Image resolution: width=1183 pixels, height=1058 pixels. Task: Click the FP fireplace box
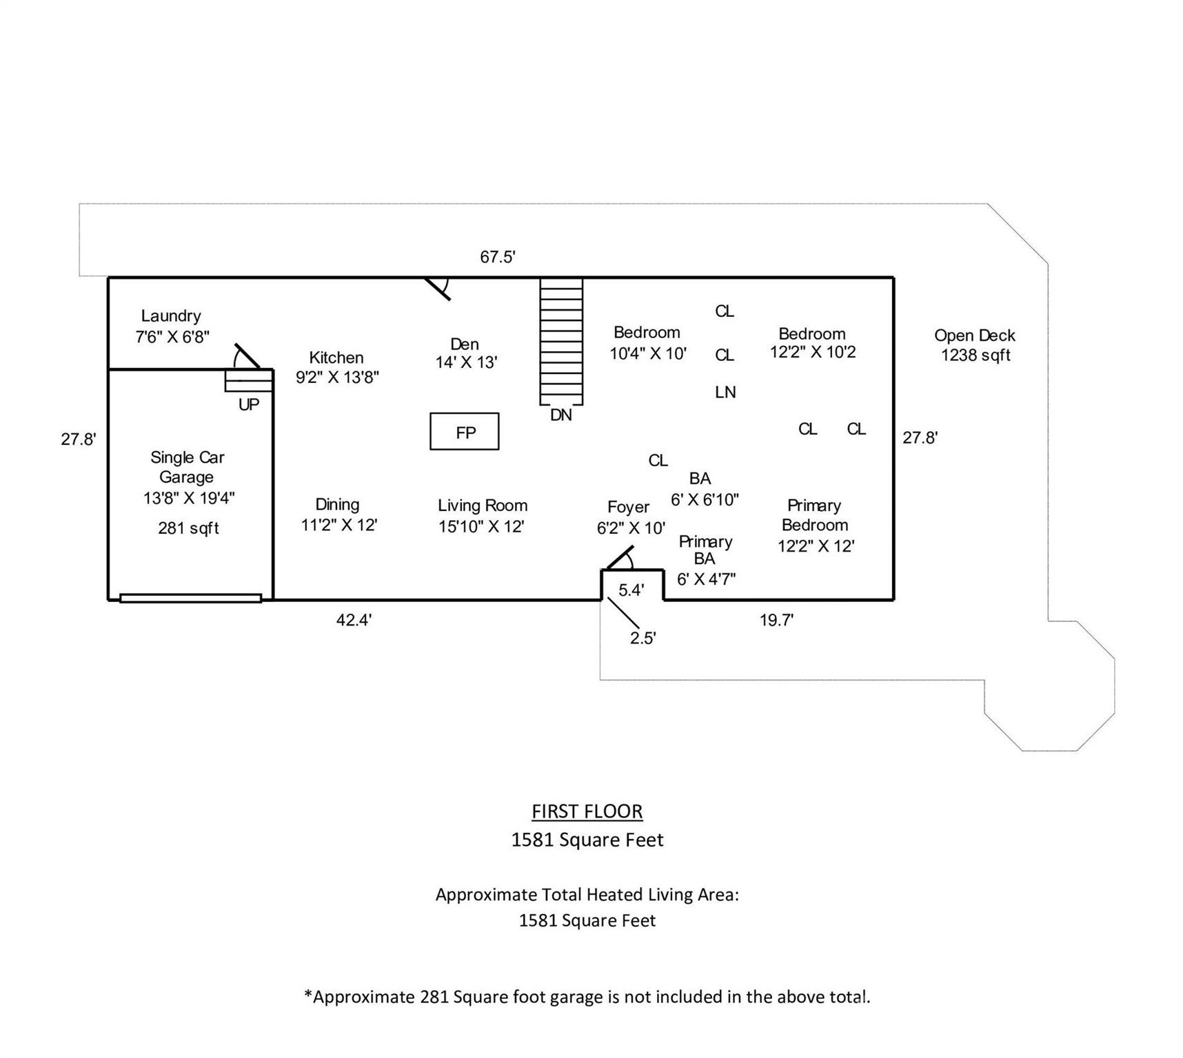(x=464, y=431)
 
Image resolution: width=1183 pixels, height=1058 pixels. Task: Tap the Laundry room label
(x=172, y=316)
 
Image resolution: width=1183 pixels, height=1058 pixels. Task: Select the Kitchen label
(x=336, y=357)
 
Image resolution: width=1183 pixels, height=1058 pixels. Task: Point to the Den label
(x=465, y=344)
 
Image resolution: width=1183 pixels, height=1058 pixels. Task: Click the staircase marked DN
(x=561, y=341)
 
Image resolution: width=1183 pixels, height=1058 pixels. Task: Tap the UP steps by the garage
(x=248, y=380)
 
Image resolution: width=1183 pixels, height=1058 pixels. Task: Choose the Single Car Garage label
(x=187, y=467)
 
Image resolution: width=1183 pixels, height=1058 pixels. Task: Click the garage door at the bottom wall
(x=190, y=598)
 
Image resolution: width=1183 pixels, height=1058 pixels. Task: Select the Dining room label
(x=337, y=504)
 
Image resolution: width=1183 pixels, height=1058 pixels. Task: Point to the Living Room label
(x=483, y=506)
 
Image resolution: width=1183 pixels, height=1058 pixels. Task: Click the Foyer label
(x=628, y=507)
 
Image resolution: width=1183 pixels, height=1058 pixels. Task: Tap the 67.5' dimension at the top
(x=498, y=257)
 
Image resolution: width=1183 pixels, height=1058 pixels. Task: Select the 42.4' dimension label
(x=354, y=620)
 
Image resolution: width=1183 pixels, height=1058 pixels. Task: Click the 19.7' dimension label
(x=776, y=620)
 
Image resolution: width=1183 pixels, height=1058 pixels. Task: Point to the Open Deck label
(x=974, y=335)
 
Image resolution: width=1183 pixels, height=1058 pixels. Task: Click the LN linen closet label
(x=725, y=392)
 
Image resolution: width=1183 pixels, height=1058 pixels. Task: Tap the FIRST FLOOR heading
(x=587, y=811)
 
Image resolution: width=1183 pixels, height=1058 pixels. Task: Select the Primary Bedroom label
(x=814, y=515)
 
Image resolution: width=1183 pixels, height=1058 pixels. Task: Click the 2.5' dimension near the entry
(x=643, y=638)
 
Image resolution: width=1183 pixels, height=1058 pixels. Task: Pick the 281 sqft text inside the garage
(x=188, y=528)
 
